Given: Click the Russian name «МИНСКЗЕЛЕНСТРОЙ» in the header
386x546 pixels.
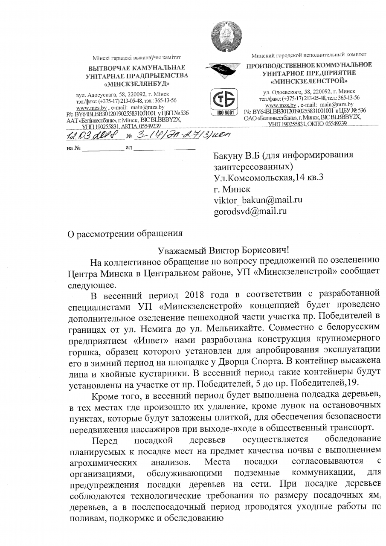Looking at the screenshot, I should tap(309, 80).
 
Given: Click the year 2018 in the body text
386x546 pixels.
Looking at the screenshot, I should tap(197, 294).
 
